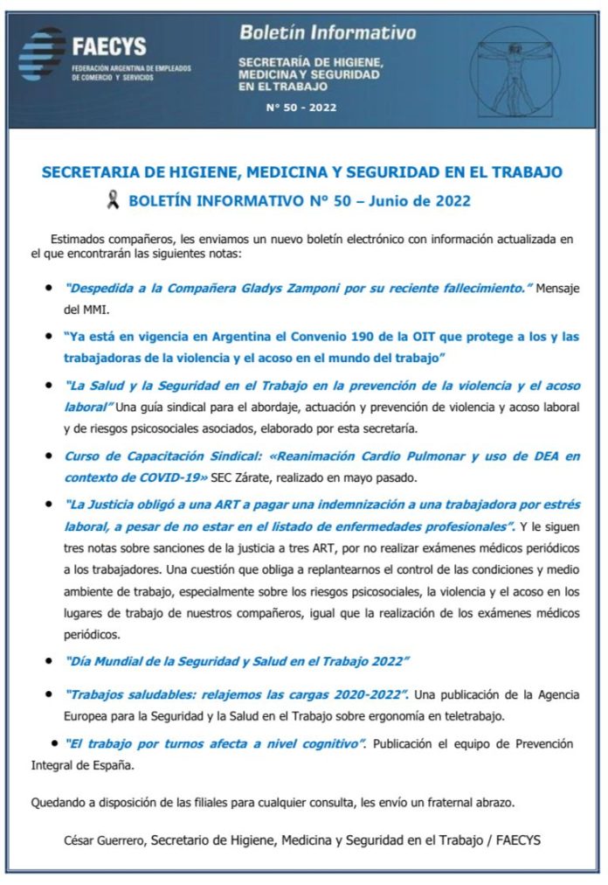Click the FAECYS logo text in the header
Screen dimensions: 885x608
click(109, 46)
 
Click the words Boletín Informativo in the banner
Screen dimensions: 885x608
click(328, 33)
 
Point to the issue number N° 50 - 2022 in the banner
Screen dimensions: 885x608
click(301, 108)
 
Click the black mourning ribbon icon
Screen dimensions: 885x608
click(112, 201)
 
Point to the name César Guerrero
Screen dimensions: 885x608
click(104, 840)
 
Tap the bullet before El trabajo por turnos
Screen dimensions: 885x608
click(55, 742)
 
